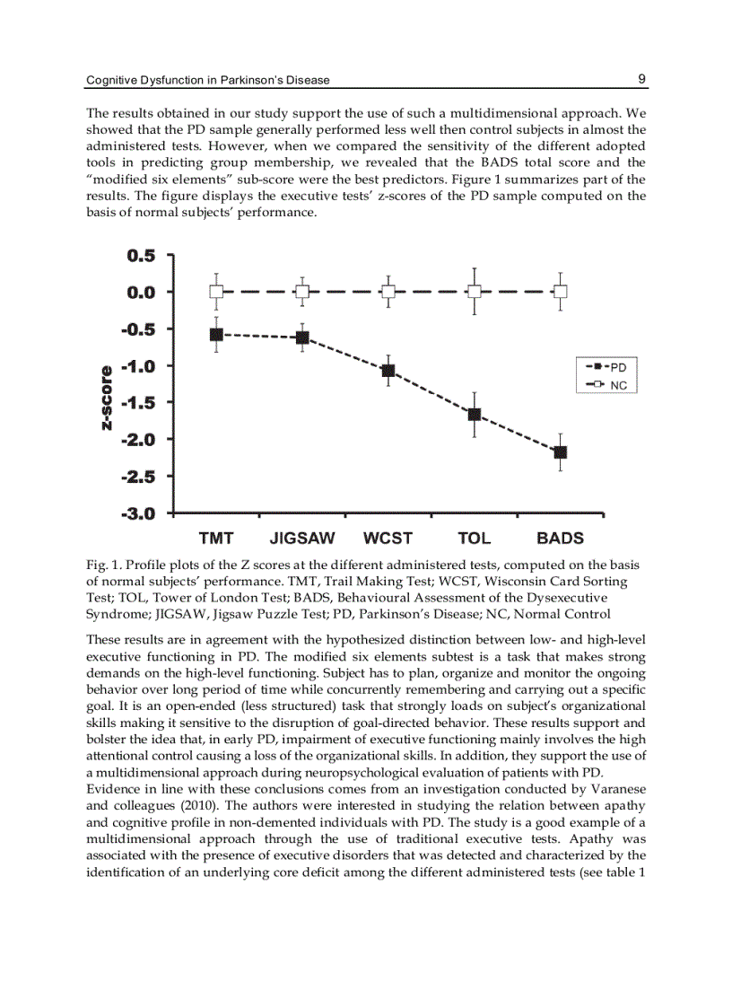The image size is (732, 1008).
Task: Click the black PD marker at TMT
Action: pos(216,335)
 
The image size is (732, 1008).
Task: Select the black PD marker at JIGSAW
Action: pos(302,337)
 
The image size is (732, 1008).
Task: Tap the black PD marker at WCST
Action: pos(388,371)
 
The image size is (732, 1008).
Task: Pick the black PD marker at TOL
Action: pos(475,415)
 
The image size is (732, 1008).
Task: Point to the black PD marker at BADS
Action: pos(561,451)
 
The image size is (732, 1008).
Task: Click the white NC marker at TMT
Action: pos(216,292)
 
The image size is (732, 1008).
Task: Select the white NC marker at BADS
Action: pos(561,292)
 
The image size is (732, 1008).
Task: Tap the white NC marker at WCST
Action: pos(388,292)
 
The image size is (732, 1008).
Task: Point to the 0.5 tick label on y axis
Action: pos(141,256)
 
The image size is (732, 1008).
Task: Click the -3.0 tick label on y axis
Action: pos(138,514)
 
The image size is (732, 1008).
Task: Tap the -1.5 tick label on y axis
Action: pos(138,403)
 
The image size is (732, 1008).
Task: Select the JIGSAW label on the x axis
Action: pos(302,539)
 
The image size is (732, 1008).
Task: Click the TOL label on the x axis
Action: pos(475,539)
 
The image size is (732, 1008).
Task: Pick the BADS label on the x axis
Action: pos(561,539)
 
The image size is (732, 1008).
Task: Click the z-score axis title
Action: pos(107,398)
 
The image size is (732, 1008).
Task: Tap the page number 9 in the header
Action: pos(642,79)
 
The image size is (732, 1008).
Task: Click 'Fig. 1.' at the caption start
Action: pos(103,565)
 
